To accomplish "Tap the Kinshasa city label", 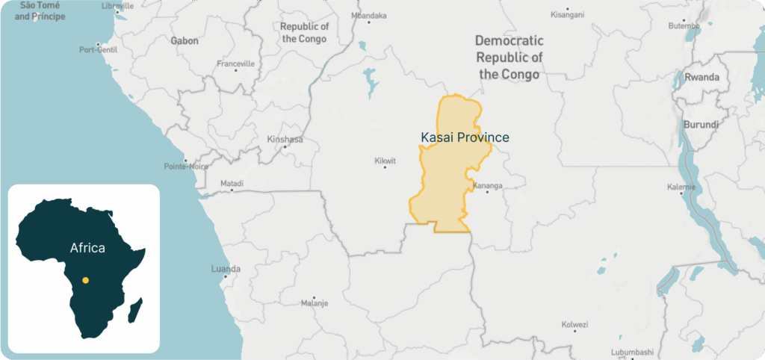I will point(285,139).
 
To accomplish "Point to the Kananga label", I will point(488,185).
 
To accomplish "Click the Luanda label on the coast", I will point(226,268).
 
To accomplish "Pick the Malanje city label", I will point(314,302).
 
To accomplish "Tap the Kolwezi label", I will point(574,324).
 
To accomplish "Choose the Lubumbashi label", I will point(631,352).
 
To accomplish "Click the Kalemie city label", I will point(682,187).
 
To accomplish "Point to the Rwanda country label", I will point(701,77).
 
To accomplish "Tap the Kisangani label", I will point(567,14).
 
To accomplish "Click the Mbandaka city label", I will point(369,15).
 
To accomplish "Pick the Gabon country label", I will point(185,40).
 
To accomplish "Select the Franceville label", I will point(235,63).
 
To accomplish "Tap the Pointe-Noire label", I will point(186,166).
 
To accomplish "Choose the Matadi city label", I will point(232,183).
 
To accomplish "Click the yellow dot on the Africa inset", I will point(85,280).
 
